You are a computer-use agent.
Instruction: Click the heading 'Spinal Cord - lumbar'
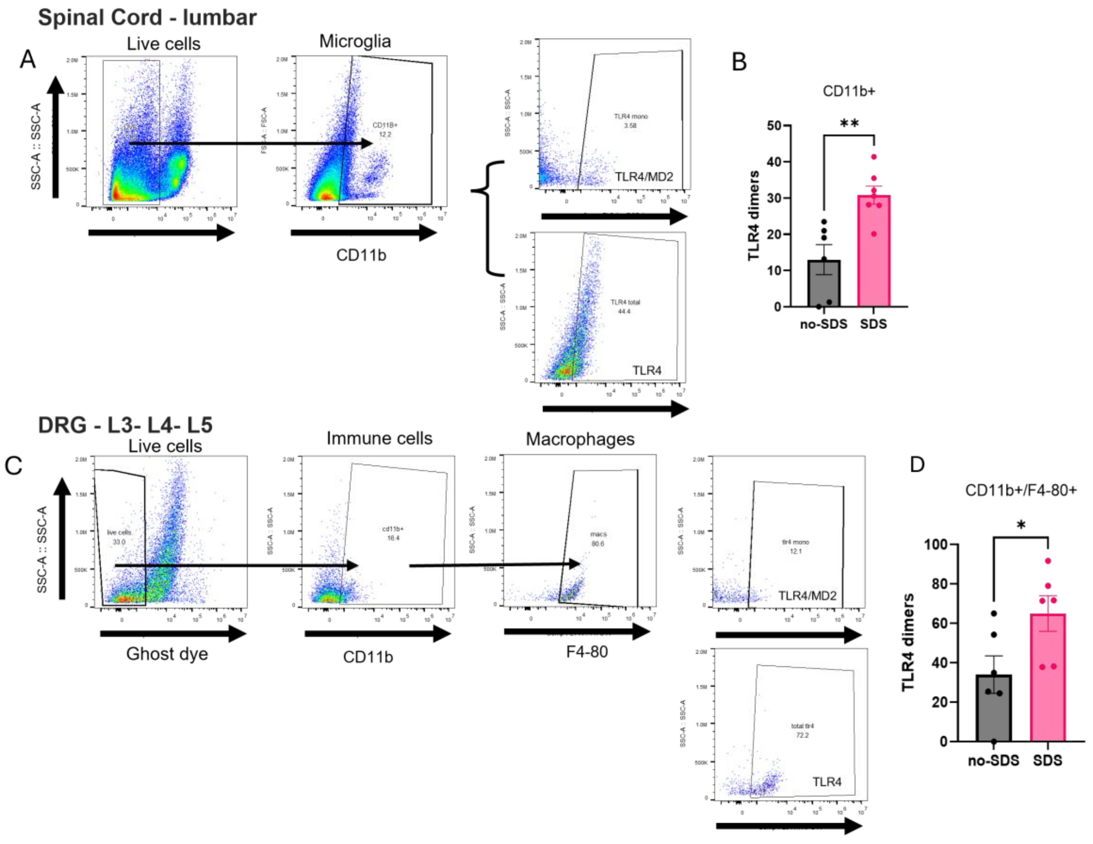pyautogui.click(x=147, y=18)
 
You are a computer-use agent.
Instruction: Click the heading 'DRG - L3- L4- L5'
pyautogui.click(x=125, y=425)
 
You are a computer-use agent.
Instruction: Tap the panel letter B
pyautogui.click(x=739, y=62)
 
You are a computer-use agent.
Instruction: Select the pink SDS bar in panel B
pyautogui.click(x=874, y=251)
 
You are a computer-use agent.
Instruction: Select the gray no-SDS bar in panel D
pyautogui.click(x=993, y=708)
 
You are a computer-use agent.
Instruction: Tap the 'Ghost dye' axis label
pyautogui.click(x=167, y=654)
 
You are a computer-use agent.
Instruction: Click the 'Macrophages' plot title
pyautogui.click(x=580, y=439)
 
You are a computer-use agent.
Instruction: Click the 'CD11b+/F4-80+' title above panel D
pyautogui.click(x=1021, y=490)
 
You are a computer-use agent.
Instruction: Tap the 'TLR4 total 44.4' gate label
pyautogui.click(x=625, y=306)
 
